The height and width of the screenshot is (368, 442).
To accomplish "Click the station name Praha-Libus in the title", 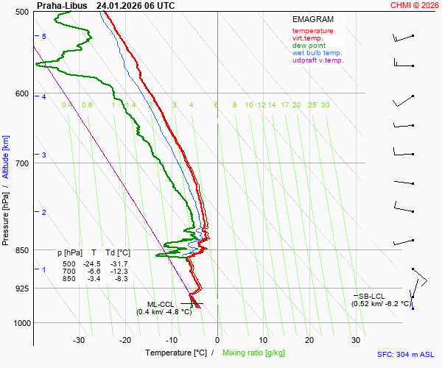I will coord(62,5).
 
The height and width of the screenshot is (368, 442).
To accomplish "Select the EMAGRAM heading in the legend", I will coord(312,20).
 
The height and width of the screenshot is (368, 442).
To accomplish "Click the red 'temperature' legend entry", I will coord(312,31).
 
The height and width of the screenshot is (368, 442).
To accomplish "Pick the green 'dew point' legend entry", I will coord(309,46).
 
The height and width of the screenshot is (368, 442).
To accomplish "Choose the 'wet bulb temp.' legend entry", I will coord(317,53).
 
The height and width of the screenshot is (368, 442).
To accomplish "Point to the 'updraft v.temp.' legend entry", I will coord(318,60).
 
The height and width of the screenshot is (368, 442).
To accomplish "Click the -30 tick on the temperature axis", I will coord(79,340).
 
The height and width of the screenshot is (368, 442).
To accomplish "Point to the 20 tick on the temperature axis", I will coord(309,340).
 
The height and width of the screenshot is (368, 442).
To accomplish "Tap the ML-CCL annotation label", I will coord(160,303).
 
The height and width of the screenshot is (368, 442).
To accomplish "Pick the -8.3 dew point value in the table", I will coord(122,279).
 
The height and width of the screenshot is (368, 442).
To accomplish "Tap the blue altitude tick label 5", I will coord(44,37).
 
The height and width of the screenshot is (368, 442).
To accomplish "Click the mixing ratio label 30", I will coord(325,105).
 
